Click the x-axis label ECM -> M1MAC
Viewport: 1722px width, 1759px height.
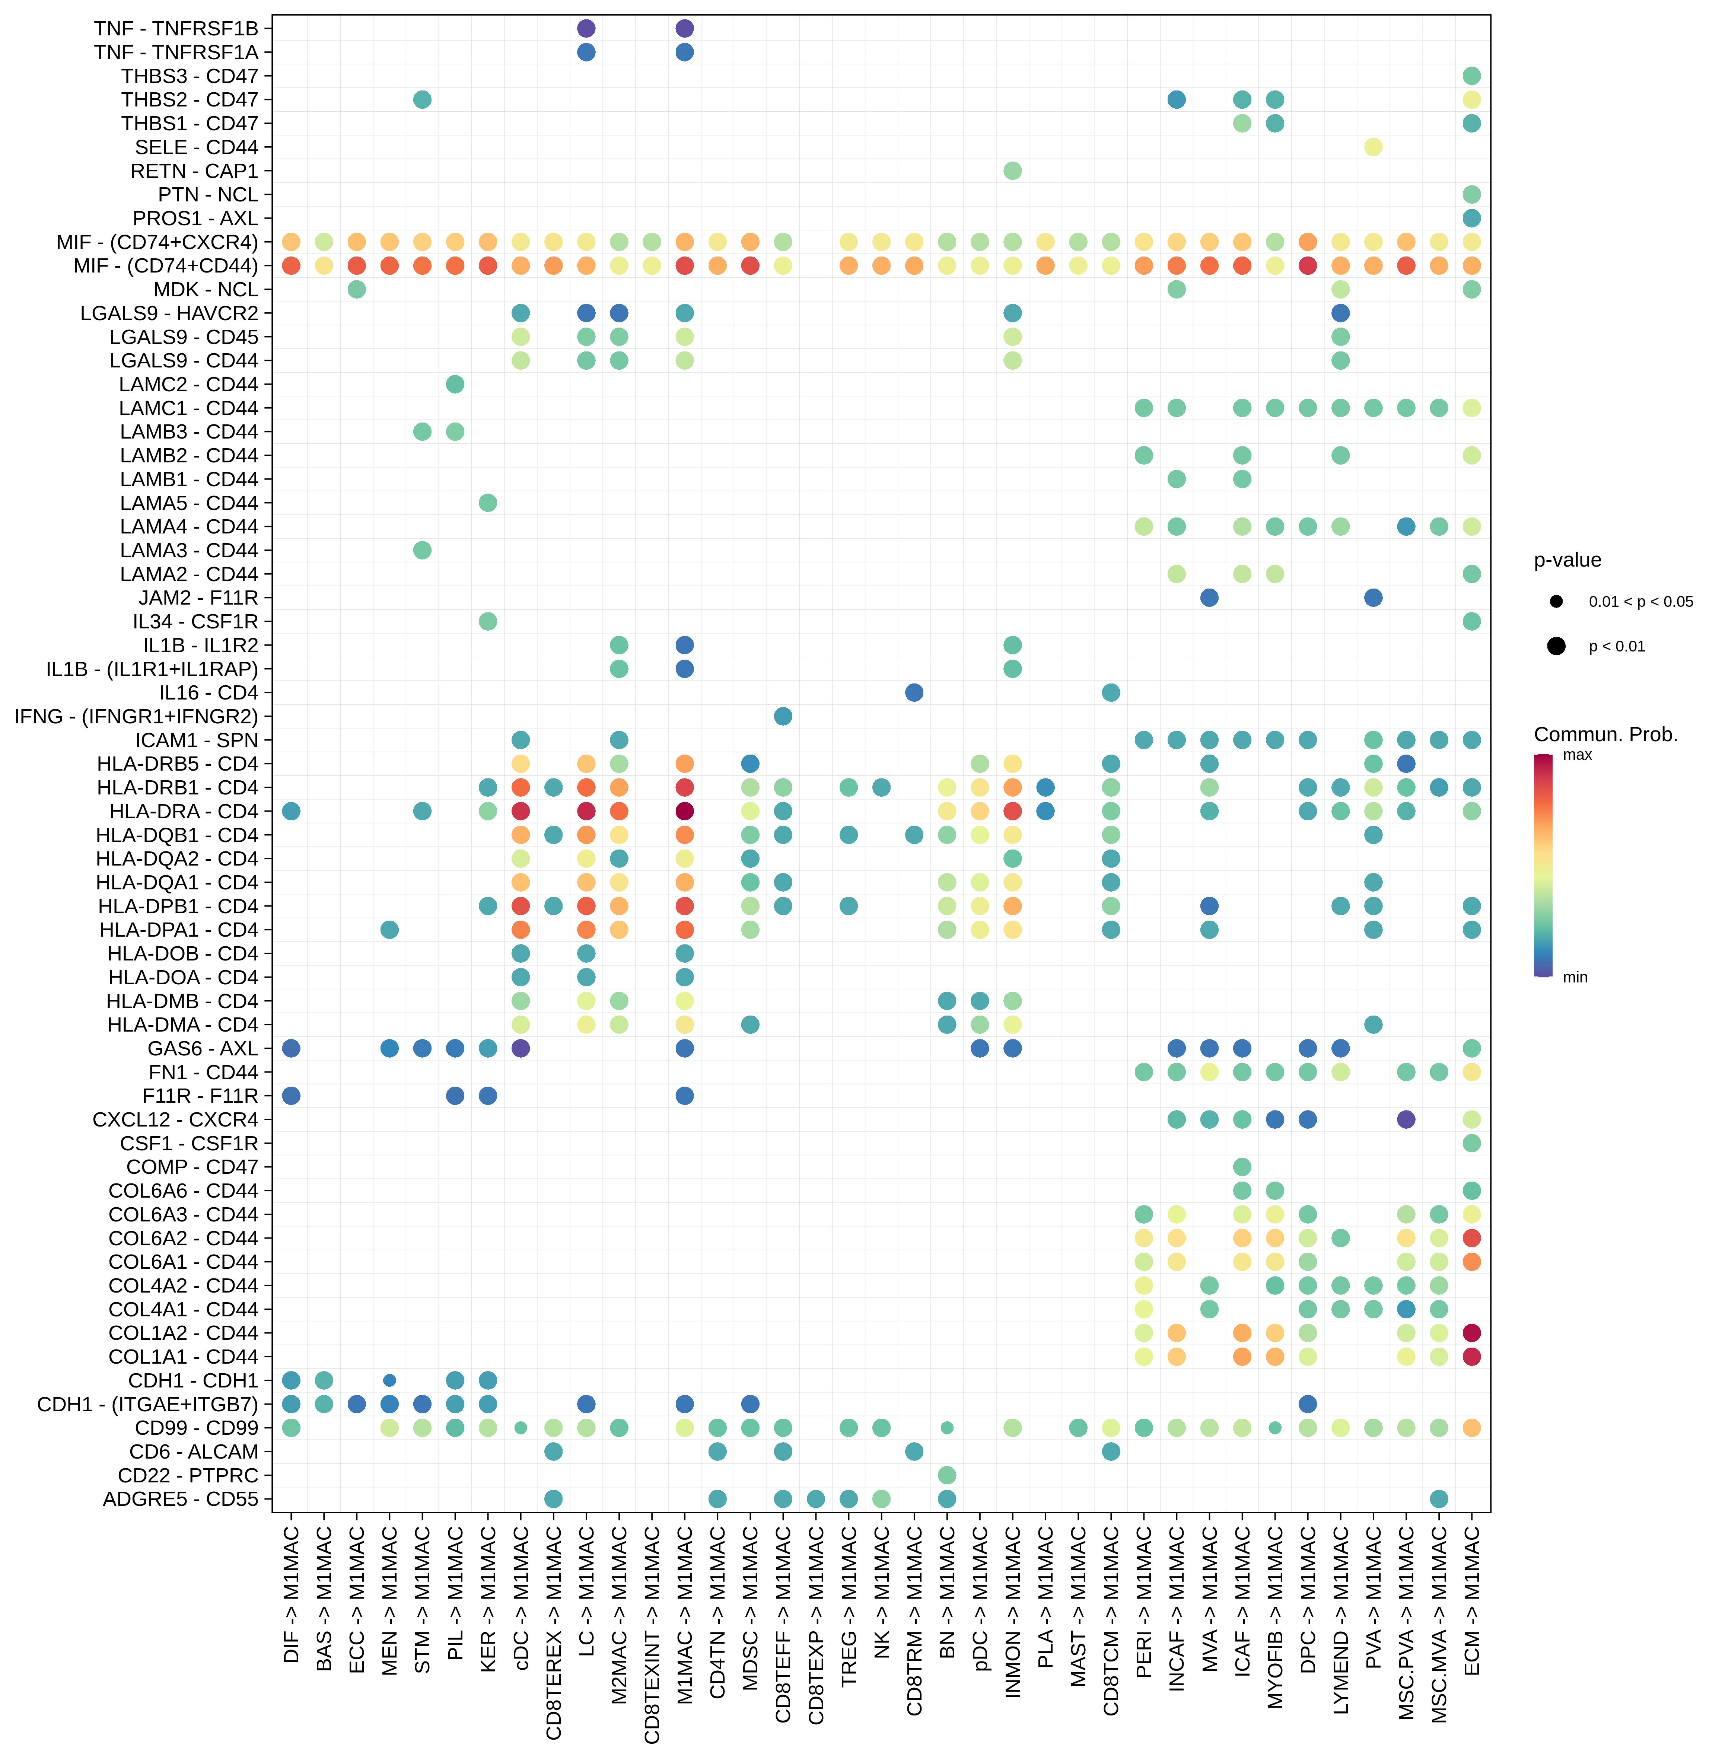(1471, 1601)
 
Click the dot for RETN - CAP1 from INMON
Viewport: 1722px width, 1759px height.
(1012, 171)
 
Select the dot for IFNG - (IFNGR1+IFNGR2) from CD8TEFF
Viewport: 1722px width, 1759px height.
(783, 716)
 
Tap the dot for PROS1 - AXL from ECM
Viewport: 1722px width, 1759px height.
(1471, 218)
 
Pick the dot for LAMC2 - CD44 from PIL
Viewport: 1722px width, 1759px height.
(455, 384)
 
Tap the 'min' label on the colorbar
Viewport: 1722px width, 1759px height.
(1575, 978)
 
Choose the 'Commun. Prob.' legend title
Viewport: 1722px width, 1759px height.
(1605, 734)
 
